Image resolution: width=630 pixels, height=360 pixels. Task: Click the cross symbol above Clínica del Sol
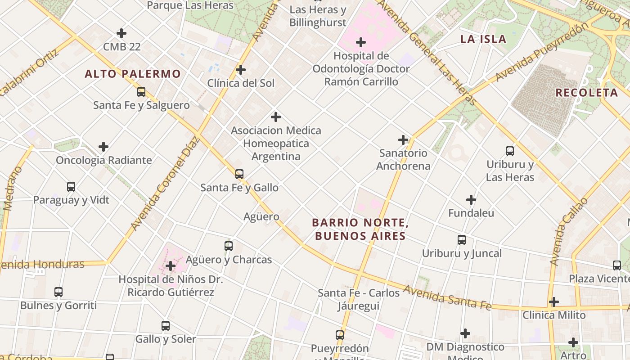[241, 70]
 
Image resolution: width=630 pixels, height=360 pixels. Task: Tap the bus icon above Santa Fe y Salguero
[141, 92]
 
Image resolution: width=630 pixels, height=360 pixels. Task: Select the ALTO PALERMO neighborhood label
[133, 74]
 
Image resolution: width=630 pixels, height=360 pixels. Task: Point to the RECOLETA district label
[586, 93]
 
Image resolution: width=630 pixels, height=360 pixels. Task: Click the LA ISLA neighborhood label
[483, 39]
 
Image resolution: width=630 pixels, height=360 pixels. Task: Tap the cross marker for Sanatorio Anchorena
[403, 140]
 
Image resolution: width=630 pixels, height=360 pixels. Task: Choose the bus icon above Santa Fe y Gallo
[239, 174]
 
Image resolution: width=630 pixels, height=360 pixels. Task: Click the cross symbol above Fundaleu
[471, 200]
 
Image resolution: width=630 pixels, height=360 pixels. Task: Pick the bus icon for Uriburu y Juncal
[462, 240]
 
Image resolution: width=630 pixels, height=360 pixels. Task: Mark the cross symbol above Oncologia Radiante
[103, 147]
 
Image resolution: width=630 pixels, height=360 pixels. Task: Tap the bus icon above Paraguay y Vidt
[71, 187]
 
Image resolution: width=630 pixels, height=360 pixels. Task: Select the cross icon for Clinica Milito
[554, 301]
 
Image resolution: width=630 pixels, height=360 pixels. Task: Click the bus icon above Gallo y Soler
[166, 326]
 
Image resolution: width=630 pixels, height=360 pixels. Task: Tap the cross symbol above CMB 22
[121, 33]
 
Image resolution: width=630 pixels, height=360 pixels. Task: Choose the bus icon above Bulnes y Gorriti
[58, 292]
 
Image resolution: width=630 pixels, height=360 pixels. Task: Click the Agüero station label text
[261, 217]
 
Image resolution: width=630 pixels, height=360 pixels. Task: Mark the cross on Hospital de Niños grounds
[171, 266]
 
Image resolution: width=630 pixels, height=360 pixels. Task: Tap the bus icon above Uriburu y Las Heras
[510, 151]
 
